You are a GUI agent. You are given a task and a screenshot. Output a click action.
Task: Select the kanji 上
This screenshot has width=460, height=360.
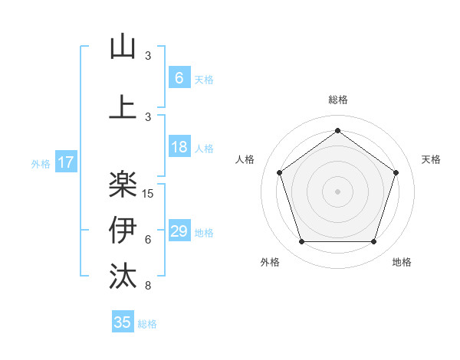(123, 106)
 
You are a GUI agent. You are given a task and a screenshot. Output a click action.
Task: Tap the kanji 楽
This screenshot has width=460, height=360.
(123, 183)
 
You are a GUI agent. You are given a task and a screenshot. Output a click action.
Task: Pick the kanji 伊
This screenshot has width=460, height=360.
(123, 229)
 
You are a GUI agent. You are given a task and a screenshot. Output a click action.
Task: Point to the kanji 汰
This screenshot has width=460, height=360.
(123, 275)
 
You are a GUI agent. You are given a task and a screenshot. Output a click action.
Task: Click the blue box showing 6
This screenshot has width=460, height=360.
(179, 77)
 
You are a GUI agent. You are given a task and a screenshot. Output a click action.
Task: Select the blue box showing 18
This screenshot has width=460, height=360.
(179, 147)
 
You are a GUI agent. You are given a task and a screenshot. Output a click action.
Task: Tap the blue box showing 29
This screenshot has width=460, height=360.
(179, 231)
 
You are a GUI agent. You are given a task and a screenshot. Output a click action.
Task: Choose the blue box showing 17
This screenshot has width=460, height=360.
(65, 162)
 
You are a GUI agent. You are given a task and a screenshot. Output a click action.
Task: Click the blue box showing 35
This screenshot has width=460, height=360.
(123, 322)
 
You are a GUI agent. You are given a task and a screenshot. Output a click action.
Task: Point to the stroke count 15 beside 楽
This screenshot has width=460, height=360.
(149, 193)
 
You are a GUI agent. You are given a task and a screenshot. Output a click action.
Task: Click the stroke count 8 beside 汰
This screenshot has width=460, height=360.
(148, 286)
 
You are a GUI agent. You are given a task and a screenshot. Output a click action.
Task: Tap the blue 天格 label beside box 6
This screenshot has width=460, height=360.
(203, 79)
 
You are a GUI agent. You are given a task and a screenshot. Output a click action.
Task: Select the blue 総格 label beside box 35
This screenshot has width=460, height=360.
(147, 324)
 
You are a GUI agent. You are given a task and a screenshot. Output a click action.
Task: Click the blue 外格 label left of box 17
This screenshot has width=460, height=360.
(41, 163)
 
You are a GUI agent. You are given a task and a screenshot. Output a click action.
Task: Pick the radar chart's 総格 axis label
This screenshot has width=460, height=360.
(337, 100)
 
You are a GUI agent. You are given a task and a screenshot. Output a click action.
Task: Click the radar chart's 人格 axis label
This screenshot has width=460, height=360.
(245, 159)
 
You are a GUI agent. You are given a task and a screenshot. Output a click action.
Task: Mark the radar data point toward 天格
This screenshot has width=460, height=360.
(396, 172)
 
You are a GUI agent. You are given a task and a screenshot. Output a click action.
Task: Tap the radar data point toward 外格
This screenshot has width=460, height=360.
(301, 242)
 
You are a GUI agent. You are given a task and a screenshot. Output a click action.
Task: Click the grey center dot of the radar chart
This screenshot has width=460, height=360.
(337, 191)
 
